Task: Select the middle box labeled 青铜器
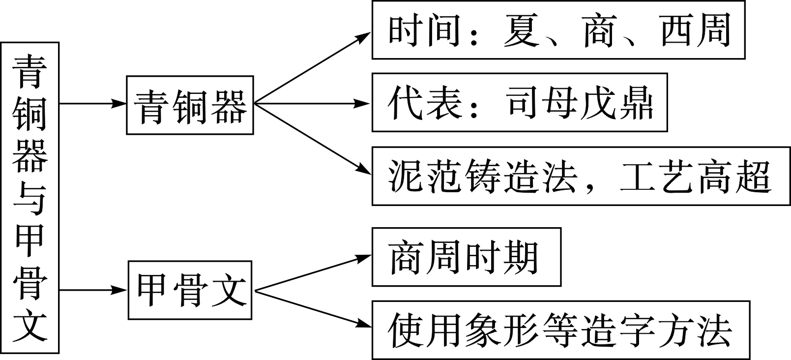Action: coord(190,105)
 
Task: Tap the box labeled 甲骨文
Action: coord(190,290)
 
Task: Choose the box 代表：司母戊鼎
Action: coord(519,103)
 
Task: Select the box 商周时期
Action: coord(466,257)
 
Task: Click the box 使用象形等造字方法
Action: coord(560,330)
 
